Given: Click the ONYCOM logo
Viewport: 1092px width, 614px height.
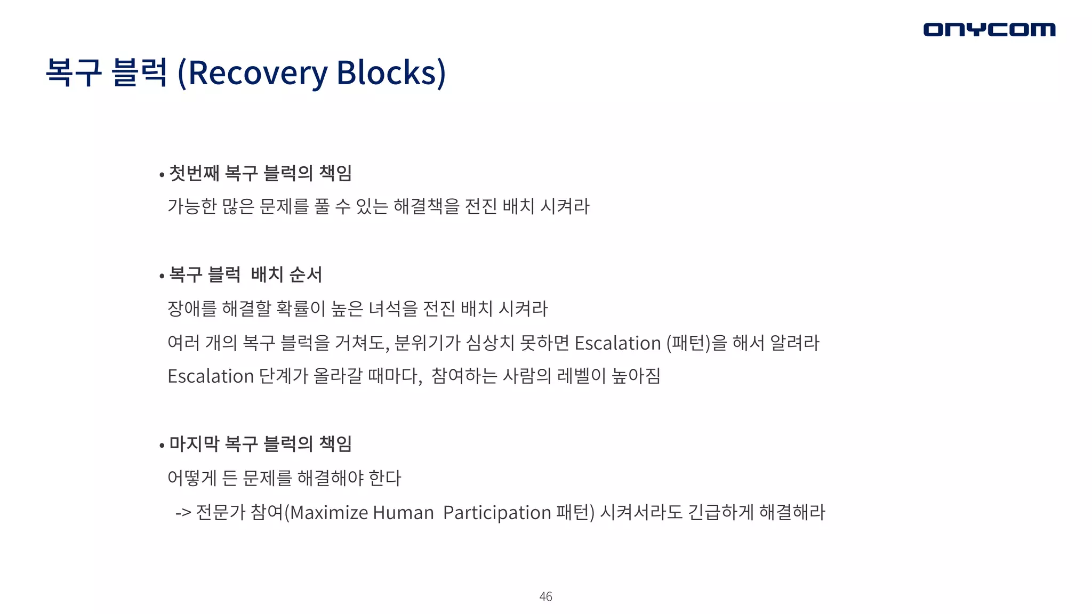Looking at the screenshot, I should coord(989,29).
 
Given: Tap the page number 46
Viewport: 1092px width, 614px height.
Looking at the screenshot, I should coord(545,596).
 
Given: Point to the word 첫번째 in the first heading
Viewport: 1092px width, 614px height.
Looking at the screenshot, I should coord(194,173).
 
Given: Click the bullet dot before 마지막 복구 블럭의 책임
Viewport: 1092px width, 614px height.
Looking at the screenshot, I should coord(162,445).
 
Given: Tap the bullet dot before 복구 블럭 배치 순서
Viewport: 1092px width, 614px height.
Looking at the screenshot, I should coord(162,276).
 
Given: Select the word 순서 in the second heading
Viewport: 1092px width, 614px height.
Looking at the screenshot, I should coord(306,274).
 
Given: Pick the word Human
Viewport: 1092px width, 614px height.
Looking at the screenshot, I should coord(403,512).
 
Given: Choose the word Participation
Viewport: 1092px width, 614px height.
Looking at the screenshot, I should coord(497,512).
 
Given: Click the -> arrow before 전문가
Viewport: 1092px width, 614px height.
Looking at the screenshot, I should coord(183,513).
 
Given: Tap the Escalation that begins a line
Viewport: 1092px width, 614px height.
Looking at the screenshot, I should coord(211,376).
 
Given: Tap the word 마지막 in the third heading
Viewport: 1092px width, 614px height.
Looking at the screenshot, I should coord(194,443).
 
